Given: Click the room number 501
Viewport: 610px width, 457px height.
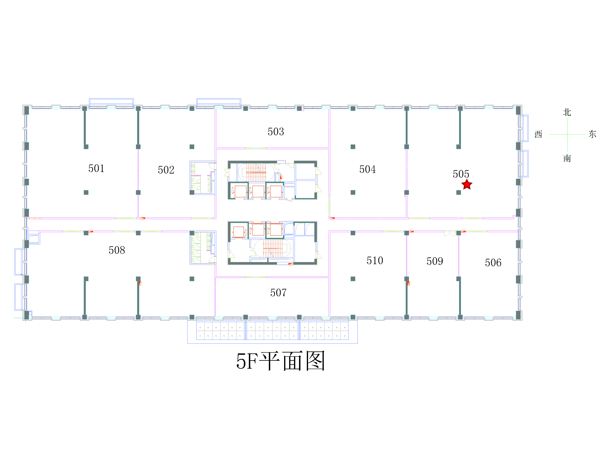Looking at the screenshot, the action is [96, 168].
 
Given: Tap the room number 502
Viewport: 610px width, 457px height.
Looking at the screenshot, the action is [166, 170].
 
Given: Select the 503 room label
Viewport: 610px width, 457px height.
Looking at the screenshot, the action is [276, 131].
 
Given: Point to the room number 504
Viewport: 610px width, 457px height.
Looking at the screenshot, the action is [367, 169].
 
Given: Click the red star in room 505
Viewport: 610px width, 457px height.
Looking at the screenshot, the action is [467, 185].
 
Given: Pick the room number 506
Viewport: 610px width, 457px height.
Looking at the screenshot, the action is [493, 262].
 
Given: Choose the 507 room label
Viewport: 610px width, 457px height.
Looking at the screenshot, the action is [278, 292].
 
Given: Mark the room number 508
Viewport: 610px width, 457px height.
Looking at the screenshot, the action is [117, 250].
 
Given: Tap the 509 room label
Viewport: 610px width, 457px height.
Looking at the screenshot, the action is [435, 261].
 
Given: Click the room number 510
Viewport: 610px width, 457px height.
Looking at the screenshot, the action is [375, 260].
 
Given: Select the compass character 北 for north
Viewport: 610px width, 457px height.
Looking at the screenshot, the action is [567, 112].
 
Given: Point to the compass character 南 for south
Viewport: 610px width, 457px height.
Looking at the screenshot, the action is [567, 158].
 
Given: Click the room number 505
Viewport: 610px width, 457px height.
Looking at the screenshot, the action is [461, 174].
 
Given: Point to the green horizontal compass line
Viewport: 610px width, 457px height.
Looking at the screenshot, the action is [567, 134].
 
